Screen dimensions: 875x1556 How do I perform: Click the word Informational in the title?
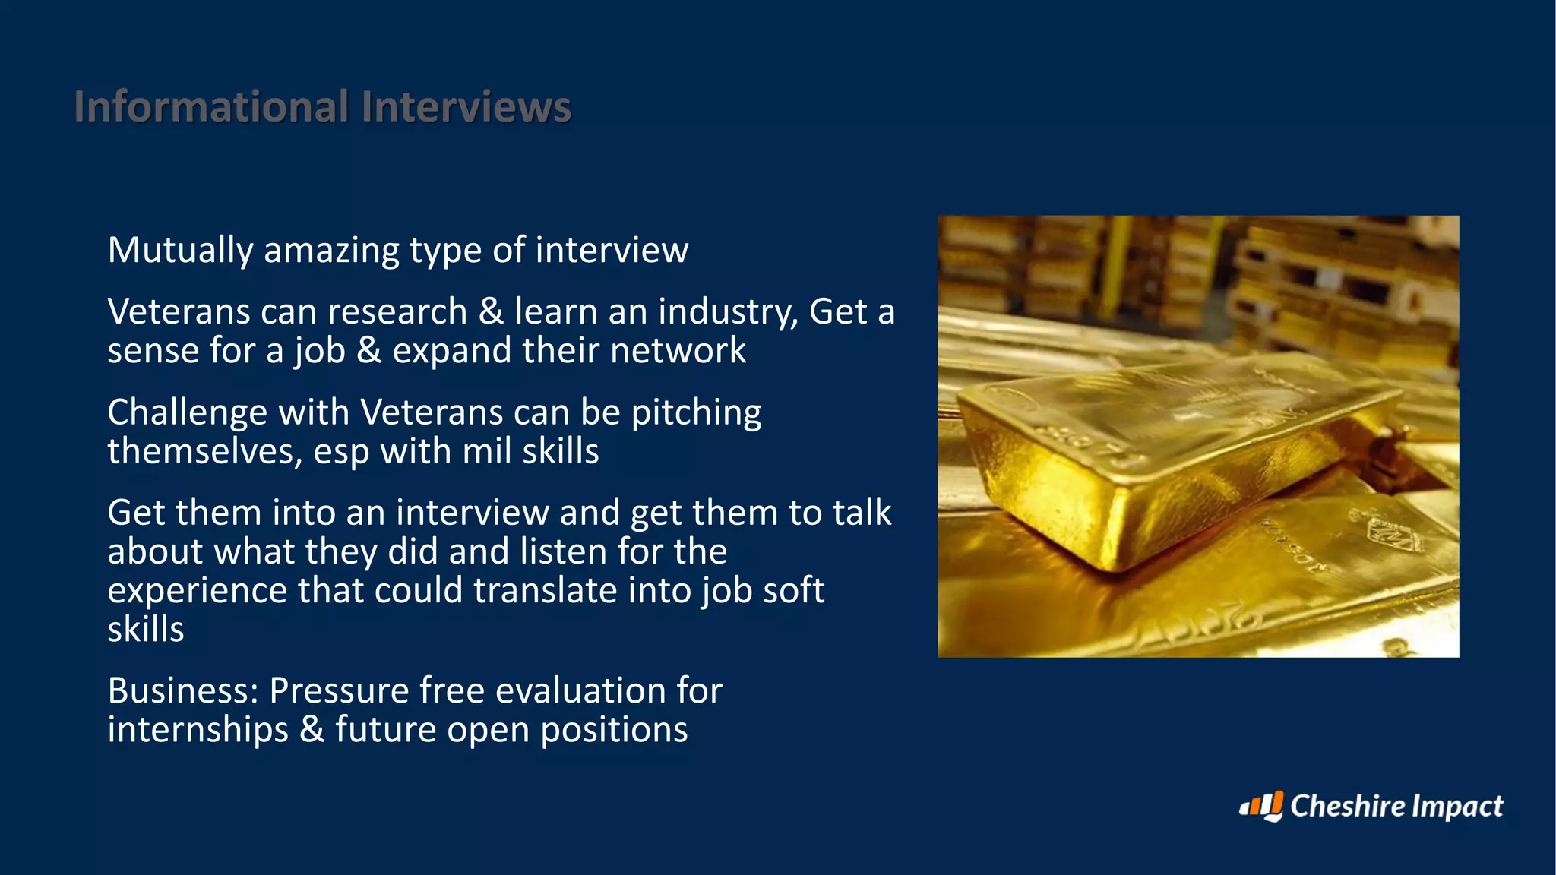point(211,106)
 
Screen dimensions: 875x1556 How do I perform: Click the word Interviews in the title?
point(466,106)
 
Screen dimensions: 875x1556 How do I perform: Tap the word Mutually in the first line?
point(180,251)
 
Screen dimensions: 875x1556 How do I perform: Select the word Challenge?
point(187,413)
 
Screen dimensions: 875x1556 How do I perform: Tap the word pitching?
point(696,413)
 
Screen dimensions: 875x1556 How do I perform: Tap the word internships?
point(198,730)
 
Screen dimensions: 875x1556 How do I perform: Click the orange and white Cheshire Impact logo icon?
point(1262,806)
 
